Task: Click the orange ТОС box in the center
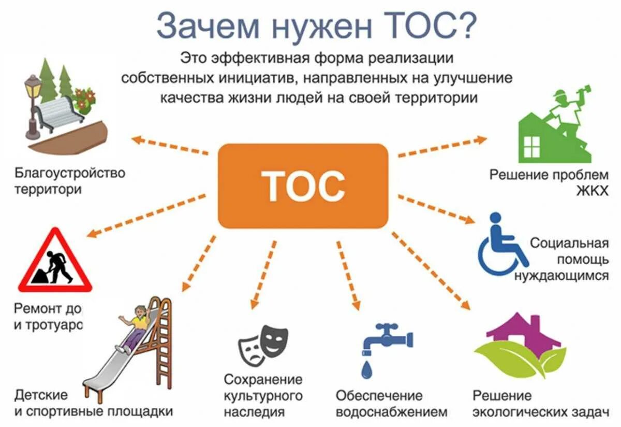point(303,186)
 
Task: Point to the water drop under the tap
point(367,369)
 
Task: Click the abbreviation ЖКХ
point(592,191)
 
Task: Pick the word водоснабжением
point(391,412)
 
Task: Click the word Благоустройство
point(70,172)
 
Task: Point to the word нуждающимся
point(561,276)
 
